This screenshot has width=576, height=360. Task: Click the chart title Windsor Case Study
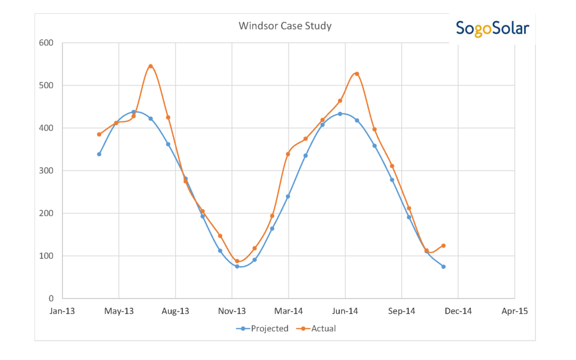[x=285, y=26]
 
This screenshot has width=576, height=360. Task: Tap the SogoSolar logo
[x=492, y=28]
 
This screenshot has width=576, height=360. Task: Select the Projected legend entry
[x=262, y=329]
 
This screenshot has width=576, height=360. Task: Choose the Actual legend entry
[x=318, y=329]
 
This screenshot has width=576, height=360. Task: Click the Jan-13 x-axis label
[x=62, y=311]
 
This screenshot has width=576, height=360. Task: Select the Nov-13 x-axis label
[x=232, y=311]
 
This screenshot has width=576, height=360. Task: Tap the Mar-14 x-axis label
[x=289, y=311]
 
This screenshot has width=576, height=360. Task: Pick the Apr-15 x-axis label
[x=514, y=311]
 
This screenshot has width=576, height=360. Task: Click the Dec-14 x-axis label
[x=458, y=311]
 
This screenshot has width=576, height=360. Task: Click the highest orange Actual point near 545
[x=151, y=66]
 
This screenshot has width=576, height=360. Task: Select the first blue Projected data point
[x=99, y=154]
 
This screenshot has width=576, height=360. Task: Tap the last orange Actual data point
[x=443, y=246]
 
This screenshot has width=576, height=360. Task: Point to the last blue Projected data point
[x=443, y=267]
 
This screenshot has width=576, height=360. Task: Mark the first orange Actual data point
[x=99, y=134]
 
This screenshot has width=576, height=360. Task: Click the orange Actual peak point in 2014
[x=357, y=74]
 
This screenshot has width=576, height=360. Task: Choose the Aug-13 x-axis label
[x=175, y=311]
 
